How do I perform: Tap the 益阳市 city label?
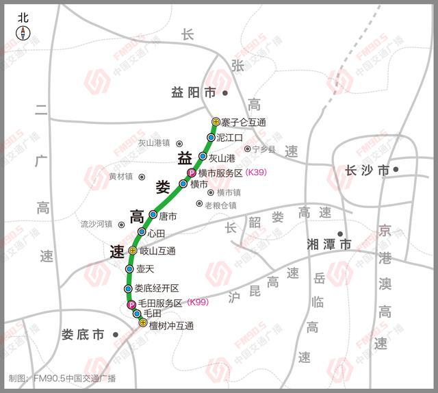(193, 92)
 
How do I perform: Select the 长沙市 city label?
(367, 170)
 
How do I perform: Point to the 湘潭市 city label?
(329, 244)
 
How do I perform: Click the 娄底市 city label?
(82, 335)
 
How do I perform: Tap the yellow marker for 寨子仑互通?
(216, 122)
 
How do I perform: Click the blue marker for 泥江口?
(211, 138)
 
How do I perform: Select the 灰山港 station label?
(222, 157)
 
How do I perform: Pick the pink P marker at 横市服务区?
(192, 173)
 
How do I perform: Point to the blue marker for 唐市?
(153, 215)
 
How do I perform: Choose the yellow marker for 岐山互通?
(133, 251)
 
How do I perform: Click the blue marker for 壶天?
(129, 269)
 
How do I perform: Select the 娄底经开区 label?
(156, 288)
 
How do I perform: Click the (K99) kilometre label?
(197, 303)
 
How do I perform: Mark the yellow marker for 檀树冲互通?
(143, 322)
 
